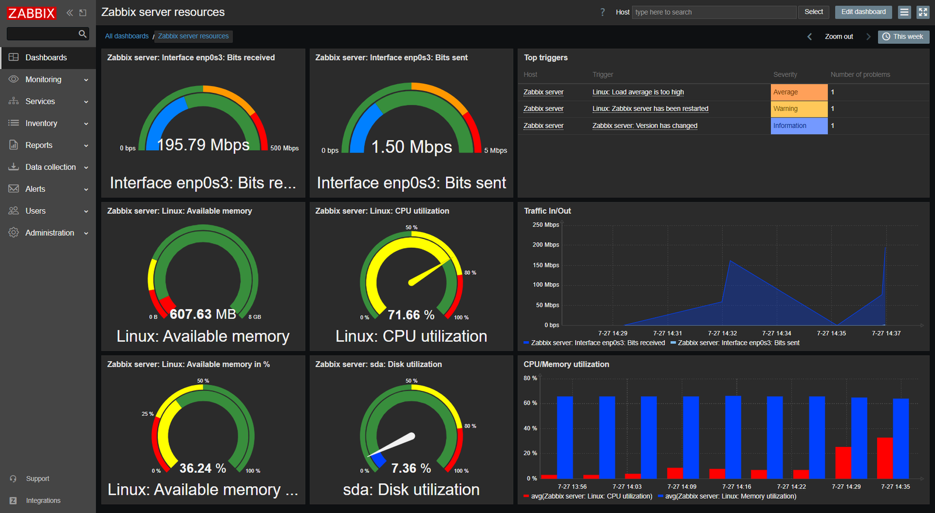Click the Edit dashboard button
[x=863, y=12]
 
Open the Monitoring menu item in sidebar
[x=43, y=79]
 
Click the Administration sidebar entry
[x=50, y=233]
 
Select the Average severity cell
[x=799, y=92]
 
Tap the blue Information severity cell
[x=799, y=126]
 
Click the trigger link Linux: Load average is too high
[x=638, y=92]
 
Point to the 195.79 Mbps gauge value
[x=203, y=145]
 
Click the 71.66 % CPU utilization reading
[x=411, y=315]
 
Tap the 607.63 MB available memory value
[x=203, y=314]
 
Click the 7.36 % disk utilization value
[x=411, y=469]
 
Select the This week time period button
[x=903, y=36]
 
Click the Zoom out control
[x=839, y=36]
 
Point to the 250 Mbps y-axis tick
[x=545, y=225]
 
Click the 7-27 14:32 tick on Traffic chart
[x=722, y=333]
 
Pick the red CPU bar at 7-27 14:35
[x=885, y=458]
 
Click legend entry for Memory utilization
[x=730, y=496]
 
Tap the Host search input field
[x=714, y=12]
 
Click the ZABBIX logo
[x=32, y=13]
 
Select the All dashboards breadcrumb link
[x=127, y=36]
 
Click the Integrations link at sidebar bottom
[x=43, y=501]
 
